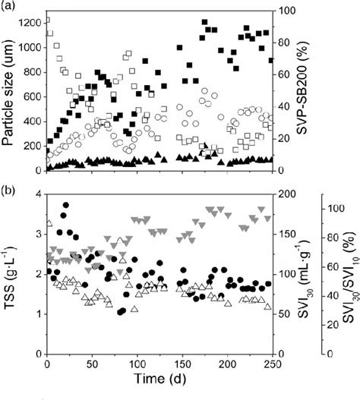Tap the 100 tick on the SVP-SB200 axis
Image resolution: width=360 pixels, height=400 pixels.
tap(287, 11)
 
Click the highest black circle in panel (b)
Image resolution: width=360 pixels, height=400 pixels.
tap(66, 205)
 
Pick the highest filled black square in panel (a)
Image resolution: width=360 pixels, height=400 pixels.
tap(204, 23)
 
